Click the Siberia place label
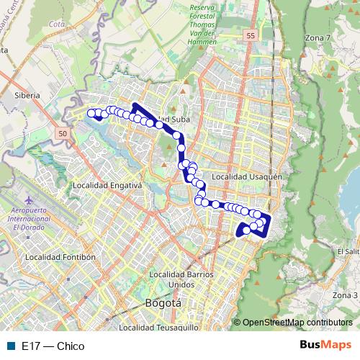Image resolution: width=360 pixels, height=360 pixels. tap(27, 94)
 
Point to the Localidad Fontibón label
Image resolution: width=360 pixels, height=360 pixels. tap(60, 257)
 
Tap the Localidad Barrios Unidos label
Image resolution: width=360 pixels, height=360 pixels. tap(181, 279)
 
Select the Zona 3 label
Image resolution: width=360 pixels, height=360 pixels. tap(345, 295)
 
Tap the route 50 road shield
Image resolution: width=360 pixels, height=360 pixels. tap(63, 134)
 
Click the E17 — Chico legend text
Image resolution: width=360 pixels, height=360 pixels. tap(53, 346)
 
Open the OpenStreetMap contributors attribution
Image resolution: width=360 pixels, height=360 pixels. tap(297, 323)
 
